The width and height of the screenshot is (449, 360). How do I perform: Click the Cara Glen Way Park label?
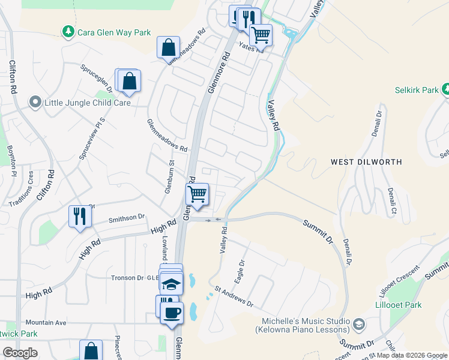[x=114, y=32]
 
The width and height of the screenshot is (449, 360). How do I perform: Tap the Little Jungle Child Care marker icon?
[x=36, y=103]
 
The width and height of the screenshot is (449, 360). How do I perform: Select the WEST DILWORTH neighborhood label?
[x=366, y=162]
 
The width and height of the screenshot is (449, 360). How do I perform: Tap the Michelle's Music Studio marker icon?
[x=358, y=325]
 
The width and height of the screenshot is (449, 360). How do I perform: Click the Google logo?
[x=20, y=352]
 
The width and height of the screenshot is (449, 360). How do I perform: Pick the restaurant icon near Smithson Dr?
[x=80, y=215]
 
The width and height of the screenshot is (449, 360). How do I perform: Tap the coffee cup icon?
[x=172, y=313]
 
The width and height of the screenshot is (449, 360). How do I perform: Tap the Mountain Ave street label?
[x=46, y=322]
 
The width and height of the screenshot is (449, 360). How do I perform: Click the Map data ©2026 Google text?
[x=411, y=355]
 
